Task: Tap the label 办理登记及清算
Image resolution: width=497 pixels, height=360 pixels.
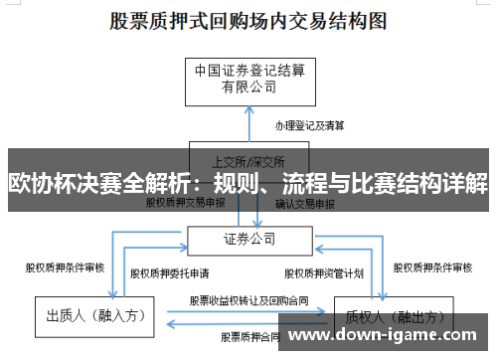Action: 310,126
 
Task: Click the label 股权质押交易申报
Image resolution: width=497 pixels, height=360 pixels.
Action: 186,202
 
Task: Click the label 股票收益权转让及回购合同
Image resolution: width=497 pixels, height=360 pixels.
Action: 248,298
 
